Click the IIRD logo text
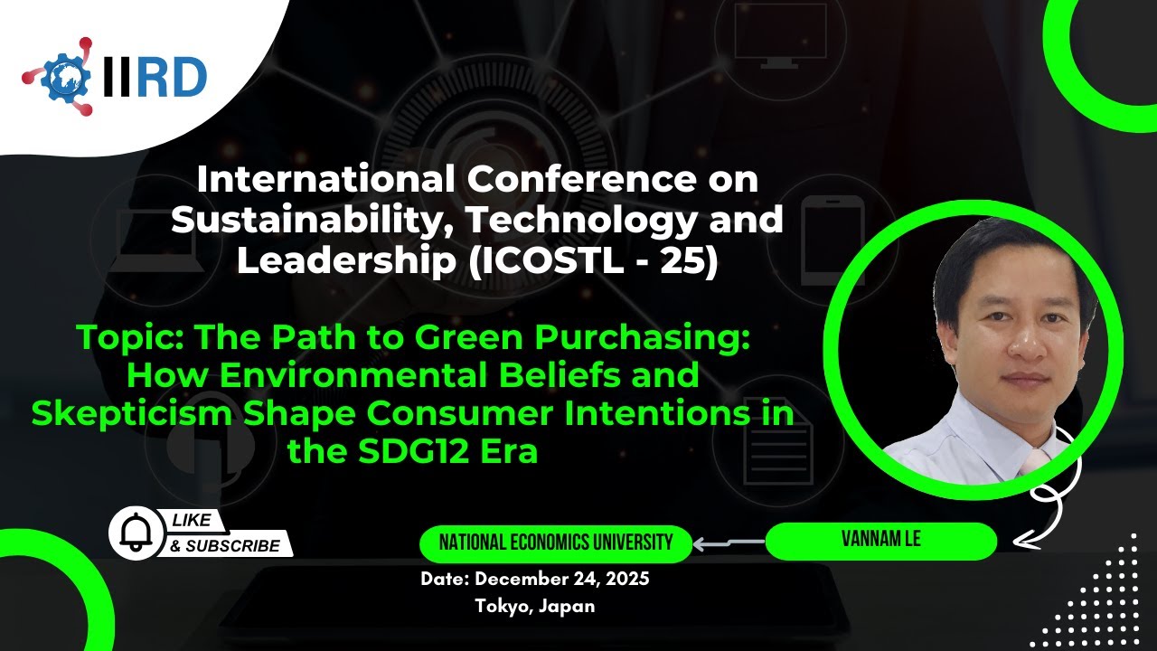point(155,78)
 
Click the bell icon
point(133,533)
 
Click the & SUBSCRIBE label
point(225,546)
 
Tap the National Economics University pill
point(555,542)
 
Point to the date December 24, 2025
point(534,580)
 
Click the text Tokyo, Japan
point(535,606)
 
